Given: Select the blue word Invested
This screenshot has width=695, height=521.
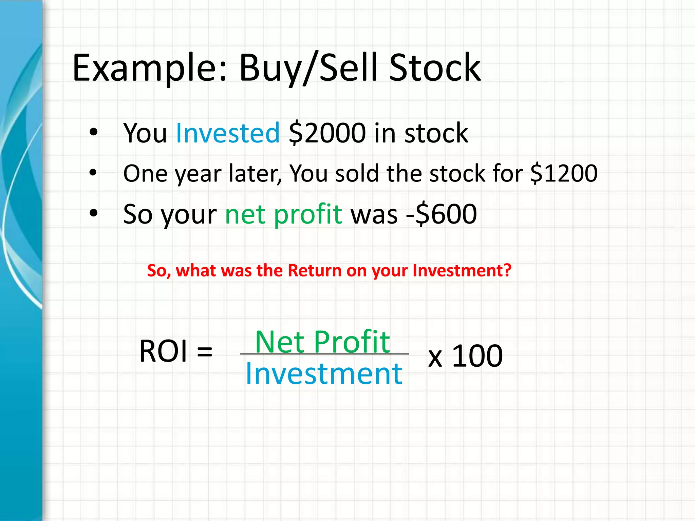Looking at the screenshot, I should [x=228, y=133].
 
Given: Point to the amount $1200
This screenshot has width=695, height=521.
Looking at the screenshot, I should [x=564, y=173].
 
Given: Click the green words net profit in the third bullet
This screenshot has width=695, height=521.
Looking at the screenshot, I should [x=283, y=214].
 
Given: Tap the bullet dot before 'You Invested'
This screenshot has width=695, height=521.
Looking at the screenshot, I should [x=93, y=132].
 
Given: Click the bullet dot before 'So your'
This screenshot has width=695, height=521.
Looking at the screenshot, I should [x=93, y=213].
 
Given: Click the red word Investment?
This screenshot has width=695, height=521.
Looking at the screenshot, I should [x=462, y=271].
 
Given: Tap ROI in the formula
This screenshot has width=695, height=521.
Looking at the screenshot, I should [x=163, y=351].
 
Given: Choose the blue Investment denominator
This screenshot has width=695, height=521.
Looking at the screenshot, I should [x=324, y=373].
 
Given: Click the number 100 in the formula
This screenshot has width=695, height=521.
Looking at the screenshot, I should [x=477, y=356].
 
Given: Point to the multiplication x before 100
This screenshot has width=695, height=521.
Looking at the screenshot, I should [x=435, y=358].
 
